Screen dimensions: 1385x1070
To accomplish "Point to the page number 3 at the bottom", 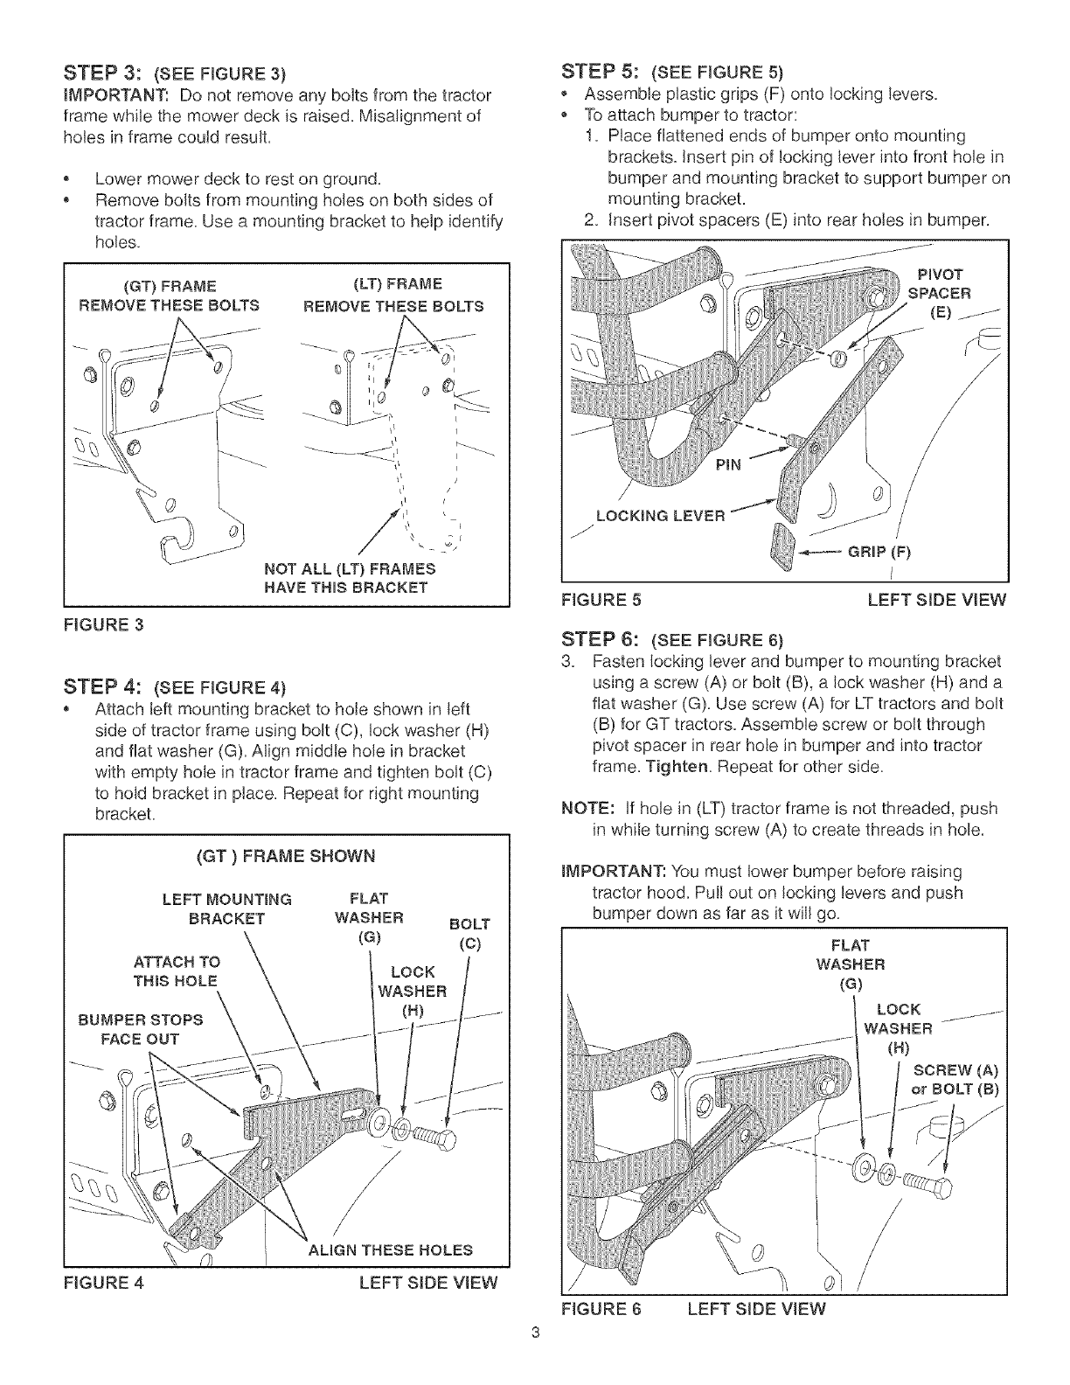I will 536,1358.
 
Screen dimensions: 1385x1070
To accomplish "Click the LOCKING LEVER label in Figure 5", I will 660,516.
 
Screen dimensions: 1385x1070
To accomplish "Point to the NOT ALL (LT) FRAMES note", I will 350,578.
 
